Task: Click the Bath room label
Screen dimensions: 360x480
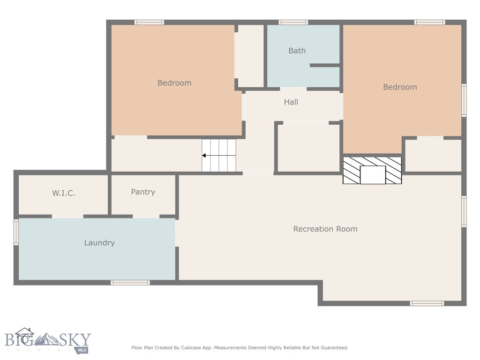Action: point(297,51)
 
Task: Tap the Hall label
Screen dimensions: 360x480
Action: point(291,102)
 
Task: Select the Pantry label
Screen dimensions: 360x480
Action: point(143,192)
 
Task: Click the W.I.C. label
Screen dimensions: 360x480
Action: point(63,193)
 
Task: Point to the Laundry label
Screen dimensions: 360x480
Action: point(99,243)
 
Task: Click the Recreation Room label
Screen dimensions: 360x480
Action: point(325,229)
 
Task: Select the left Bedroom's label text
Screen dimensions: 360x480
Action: point(174,83)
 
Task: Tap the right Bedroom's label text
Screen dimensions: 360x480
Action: point(399,87)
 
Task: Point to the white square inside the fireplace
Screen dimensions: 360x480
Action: point(372,175)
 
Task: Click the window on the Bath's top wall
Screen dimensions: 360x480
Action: point(293,22)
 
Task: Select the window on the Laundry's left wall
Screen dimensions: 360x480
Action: point(16,232)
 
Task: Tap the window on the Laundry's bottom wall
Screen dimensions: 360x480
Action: point(130,283)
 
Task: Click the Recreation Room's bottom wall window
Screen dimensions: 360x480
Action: point(427,303)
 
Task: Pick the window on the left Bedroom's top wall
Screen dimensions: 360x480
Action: point(149,22)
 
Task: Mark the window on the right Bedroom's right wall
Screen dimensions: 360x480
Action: point(464,100)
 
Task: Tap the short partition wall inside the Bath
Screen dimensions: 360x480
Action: point(324,65)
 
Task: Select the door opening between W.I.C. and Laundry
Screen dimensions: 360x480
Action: point(67,216)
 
